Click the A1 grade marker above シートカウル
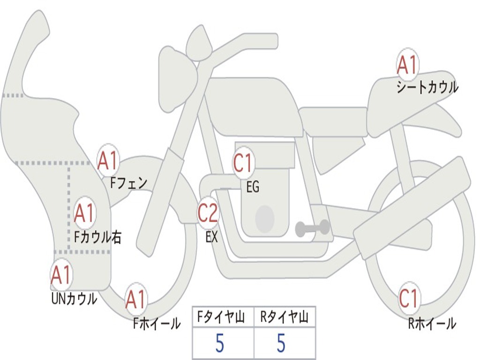click(x=407, y=65)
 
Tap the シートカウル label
click(x=427, y=87)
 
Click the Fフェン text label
click(x=128, y=183)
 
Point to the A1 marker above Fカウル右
click(x=85, y=213)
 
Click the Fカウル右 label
click(x=98, y=237)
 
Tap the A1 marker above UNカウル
click(x=61, y=275)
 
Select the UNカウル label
click(x=74, y=299)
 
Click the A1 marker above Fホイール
click(x=136, y=299)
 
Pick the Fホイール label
click(x=157, y=323)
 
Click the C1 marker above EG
click(x=243, y=163)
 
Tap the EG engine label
click(x=253, y=187)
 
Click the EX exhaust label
click(x=212, y=237)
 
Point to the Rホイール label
click(x=432, y=323)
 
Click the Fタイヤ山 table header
click(x=221, y=317)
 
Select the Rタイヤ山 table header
click(x=284, y=317)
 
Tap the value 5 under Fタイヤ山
click(x=220, y=343)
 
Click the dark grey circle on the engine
click(x=265, y=218)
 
